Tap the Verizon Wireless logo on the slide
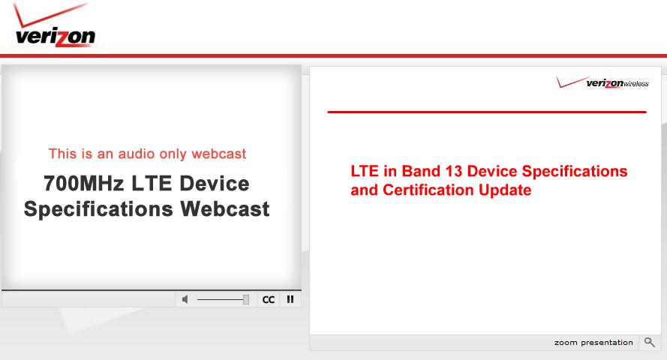(x=602, y=82)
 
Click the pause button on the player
(x=290, y=300)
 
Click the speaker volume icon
(x=185, y=300)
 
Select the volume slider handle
(x=246, y=300)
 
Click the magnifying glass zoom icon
(x=649, y=342)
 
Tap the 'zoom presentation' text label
(x=593, y=343)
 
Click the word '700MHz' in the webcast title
(x=83, y=184)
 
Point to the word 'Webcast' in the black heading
(x=225, y=208)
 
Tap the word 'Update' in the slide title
(x=505, y=190)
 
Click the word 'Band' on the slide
(x=421, y=171)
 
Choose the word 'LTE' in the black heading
(x=148, y=184)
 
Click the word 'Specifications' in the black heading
(x=98, y=209)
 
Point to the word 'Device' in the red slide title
(x=492, y=171)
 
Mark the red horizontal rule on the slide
(x=487, y=112)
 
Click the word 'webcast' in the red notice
(x=218, y=154)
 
